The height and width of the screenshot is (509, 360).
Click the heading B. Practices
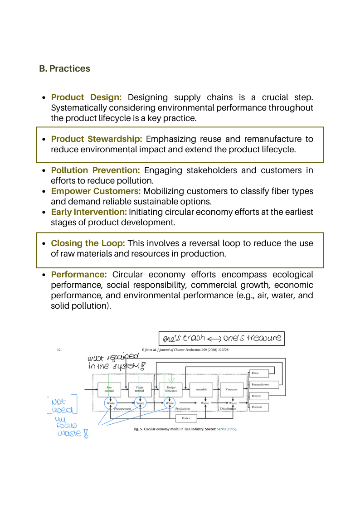(65, 69)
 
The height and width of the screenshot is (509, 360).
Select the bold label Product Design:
(86, 97)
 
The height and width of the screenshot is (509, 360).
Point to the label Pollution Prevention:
(95, 170)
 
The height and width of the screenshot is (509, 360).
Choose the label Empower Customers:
(96, 191)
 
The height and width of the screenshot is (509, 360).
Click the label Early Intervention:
(89, 212)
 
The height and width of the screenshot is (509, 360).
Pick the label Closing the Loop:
(88, 243)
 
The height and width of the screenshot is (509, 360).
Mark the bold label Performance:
(79, 275)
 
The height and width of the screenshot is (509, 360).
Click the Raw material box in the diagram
(109, 389)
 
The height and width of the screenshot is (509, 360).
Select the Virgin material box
(140, 389)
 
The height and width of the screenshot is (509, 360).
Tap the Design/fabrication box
(170, 389)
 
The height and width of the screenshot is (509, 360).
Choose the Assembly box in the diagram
(201, 389)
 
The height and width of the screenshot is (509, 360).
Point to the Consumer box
(232, 389)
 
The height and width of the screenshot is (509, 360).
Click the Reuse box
(258, 373)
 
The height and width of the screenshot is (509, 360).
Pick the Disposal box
(258, 407)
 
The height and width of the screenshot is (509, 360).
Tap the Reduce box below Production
(186, 418)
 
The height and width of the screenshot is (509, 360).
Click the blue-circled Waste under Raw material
(110, 403)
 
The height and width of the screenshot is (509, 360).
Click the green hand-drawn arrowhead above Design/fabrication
(171, 380)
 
